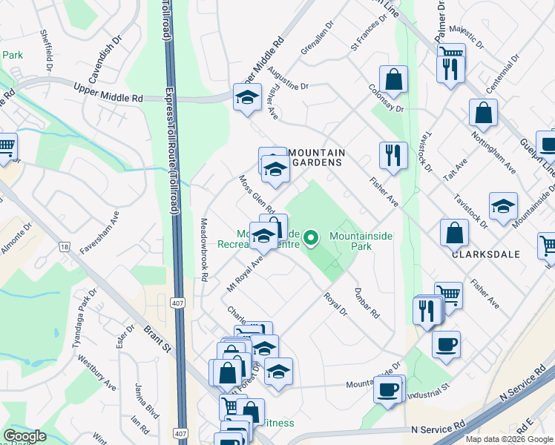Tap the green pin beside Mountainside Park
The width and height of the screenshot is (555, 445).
tap(312, 238)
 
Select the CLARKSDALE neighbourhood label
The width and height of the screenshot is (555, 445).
tap(485, 253)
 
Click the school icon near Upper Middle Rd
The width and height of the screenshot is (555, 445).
tap(247, 97)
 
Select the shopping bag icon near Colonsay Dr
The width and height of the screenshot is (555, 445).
tap(393, 79)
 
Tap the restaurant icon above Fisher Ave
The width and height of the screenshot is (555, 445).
tap(393, 155)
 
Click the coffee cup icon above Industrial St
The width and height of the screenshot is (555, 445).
tap(389, 389)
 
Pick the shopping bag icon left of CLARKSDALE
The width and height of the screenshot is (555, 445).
tap(454, 233)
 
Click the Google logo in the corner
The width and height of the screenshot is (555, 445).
tap(24, 436)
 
